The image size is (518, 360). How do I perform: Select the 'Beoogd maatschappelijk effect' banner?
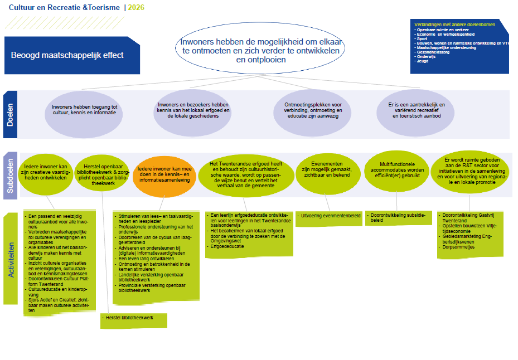(67, 55)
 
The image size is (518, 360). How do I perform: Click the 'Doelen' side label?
(11, 114)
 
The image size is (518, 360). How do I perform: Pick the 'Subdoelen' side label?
(11, 174)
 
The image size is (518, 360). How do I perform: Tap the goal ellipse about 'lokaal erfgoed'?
(192, 110)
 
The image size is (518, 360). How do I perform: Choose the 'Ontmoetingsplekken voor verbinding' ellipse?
(313, 110)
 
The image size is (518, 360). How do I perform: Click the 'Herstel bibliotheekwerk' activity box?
(134, 320)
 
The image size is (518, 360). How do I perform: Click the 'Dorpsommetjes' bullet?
(459, 247)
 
